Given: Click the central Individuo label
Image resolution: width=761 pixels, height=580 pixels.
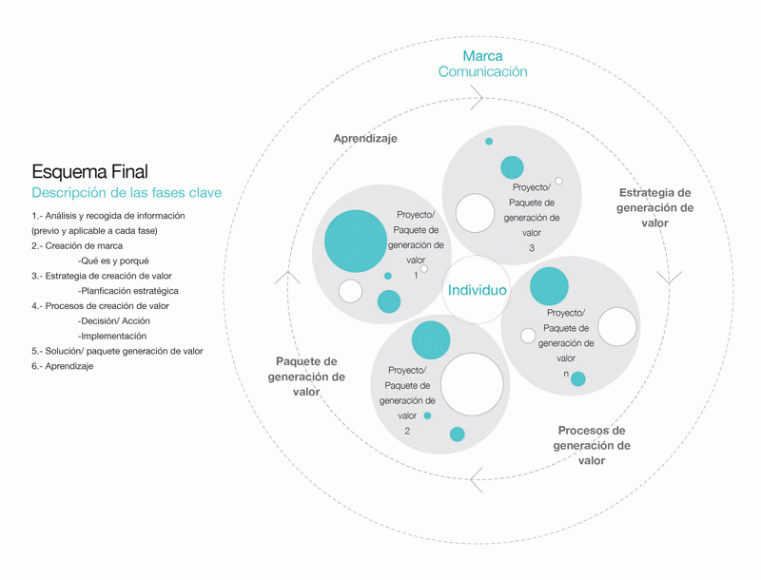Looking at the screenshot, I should (478, 290).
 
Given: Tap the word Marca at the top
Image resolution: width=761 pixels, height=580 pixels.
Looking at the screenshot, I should (482, 56).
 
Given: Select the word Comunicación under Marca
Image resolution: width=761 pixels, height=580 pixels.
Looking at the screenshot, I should (482, 72).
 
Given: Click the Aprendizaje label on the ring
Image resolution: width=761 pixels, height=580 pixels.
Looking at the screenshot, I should (365, 138).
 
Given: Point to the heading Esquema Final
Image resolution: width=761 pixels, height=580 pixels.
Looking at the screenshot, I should (89, 172).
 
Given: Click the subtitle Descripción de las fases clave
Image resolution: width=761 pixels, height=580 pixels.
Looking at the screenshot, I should (127, 193).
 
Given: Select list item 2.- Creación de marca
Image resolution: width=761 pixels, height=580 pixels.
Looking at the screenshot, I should (77, 246).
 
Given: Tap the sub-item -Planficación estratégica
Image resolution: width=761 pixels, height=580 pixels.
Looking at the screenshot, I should (128, 291).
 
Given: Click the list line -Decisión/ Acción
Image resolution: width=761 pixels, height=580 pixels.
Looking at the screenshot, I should (114, 320).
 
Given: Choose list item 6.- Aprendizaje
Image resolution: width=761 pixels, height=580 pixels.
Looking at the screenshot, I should (62, 366).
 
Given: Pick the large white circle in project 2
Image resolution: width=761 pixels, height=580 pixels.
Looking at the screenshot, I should (472, 385).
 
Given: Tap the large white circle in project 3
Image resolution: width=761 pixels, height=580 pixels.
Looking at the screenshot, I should (475, 213).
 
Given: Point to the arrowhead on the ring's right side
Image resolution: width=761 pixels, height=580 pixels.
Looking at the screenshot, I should (670, 279).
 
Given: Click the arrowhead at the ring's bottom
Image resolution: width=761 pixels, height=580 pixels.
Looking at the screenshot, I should (477, 479).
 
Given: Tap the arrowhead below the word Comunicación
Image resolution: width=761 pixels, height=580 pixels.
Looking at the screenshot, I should (478, 97).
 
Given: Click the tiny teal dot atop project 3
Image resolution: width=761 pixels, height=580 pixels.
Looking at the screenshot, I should (489, 142).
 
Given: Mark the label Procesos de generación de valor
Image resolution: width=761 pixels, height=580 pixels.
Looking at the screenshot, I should (592, 445).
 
